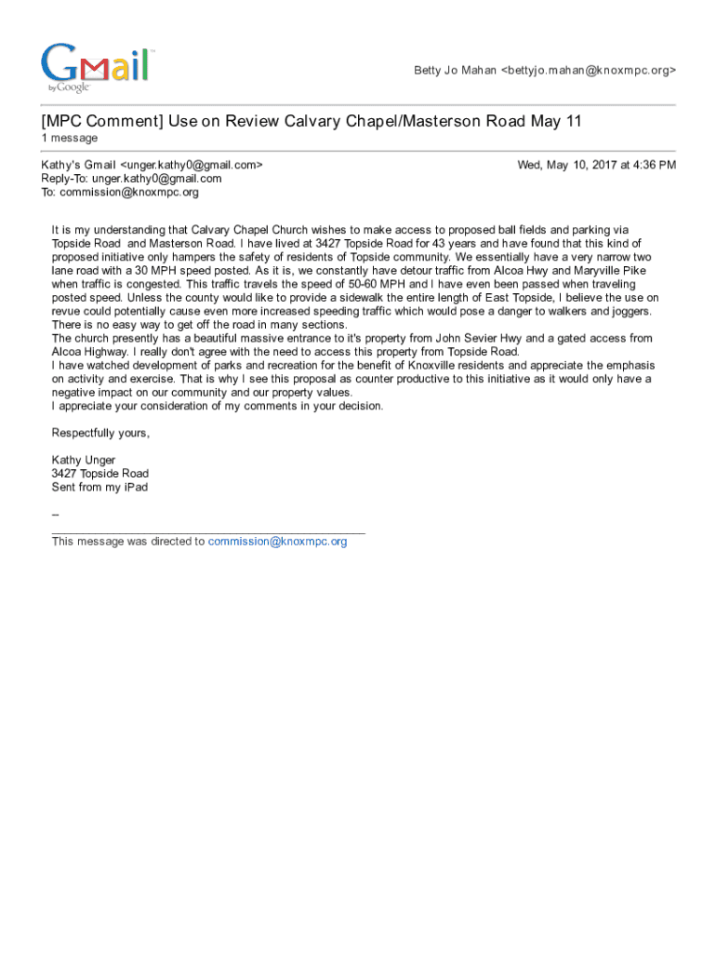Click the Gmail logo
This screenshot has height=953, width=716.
coord(95,67)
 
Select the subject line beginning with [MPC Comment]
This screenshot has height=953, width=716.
coord(312,122)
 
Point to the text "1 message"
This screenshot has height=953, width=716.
coord(69,139)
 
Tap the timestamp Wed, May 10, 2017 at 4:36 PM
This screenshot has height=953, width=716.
coord(596,165)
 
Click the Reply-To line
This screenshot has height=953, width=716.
coord(131,179)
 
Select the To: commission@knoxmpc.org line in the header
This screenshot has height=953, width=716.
coord(120,193)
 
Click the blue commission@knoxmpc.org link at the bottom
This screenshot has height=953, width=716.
coord(277,542)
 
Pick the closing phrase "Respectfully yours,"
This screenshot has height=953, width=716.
coord(100,434)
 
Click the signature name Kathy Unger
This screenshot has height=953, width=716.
coord(84,460)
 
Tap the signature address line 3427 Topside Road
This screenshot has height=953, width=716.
coord(99,474)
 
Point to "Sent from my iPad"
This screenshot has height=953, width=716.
coord(99,487)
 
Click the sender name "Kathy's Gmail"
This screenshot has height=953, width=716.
coord(79,165)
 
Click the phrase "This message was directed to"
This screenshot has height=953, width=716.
coord(128,542)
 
